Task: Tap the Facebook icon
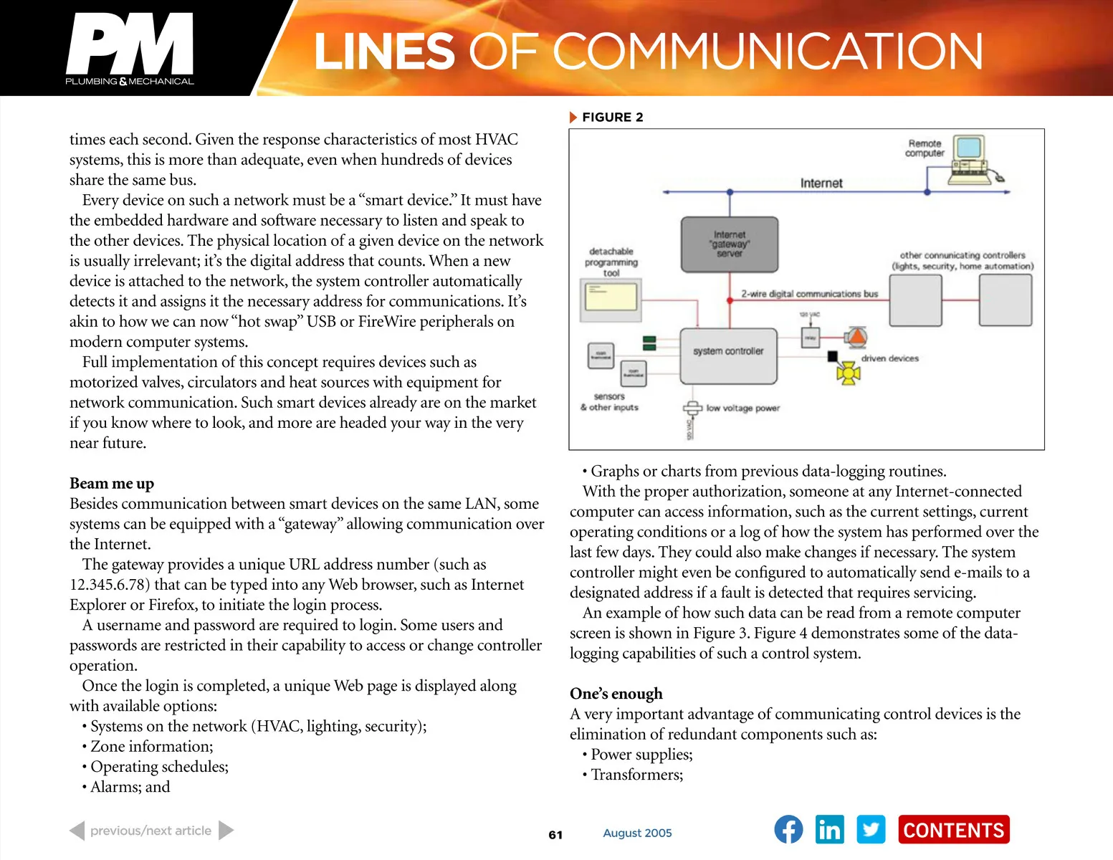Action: (788, 830)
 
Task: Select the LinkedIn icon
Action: (829, 830)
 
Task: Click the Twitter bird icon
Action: (871, 830)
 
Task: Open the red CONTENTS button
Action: (953, 830)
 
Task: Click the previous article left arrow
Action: (77, 831)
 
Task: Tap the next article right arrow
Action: (226, 831)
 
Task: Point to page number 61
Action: (555, 835)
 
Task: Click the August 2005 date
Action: (637, 833)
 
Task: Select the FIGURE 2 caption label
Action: (612, 118)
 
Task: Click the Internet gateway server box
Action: (729, 244)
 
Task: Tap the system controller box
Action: (728, 356)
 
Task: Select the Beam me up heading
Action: (112, 483)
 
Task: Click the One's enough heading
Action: (616, 694)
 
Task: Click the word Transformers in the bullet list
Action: (636, 775)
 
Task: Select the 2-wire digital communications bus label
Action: (809, 294)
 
